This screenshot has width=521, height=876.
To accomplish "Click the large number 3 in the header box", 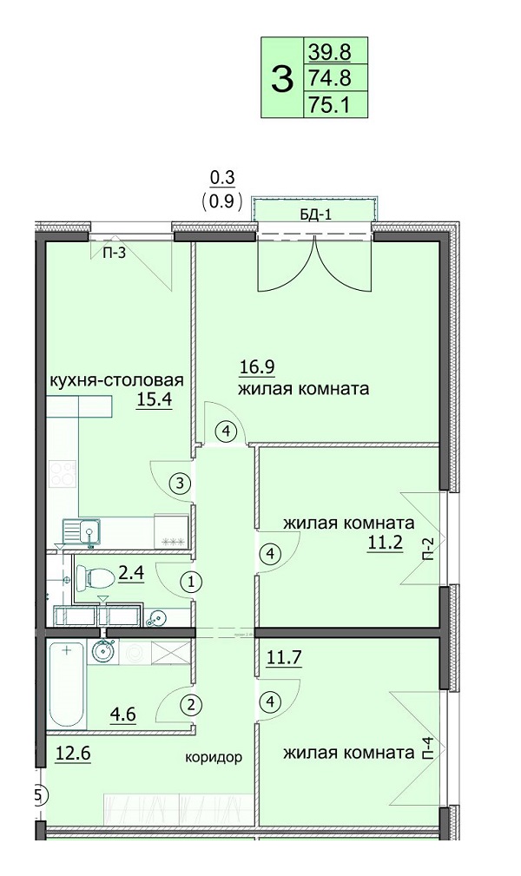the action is [x=281, y=79].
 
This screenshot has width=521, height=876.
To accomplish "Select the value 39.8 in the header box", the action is [x=329, y=52].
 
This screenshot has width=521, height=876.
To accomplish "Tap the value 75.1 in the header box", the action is [x=329, y=105].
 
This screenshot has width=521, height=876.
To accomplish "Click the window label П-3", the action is [x=114, y=254].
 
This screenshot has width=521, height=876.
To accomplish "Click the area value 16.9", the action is [x=256, y=367].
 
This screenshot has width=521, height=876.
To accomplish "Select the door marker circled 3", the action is [x=180, y=484].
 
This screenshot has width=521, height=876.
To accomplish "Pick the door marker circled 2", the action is [x=191, y=705].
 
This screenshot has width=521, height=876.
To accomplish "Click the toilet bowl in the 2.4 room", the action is [x=94, y=576].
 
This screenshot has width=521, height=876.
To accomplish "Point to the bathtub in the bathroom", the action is [x=67, y=684].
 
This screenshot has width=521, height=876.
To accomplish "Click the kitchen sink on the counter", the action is [x=82, y=532].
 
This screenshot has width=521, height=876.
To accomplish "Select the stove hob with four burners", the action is [x=63, y=473].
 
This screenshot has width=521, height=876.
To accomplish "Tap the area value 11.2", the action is [x=385, y=542].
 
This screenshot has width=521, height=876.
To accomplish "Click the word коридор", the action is [x=214, y=758].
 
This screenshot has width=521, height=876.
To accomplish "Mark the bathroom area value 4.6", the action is [x=123, y=714].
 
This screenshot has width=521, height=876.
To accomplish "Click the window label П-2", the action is [x=427, y=550].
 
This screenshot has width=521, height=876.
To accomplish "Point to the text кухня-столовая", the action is [x=117, y=380].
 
